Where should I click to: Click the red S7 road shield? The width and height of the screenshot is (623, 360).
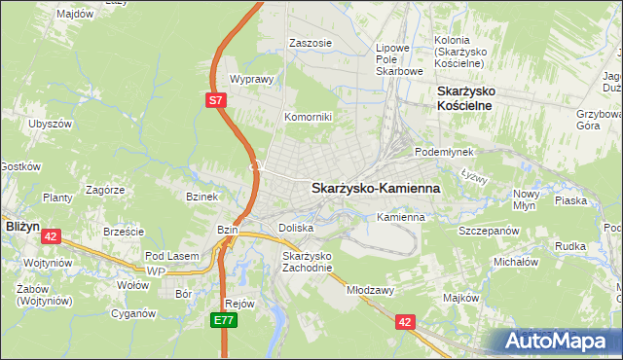click(216, 99)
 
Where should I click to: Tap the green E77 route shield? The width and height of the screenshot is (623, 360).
click(224, 318)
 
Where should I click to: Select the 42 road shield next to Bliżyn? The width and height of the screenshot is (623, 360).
click(52, 235)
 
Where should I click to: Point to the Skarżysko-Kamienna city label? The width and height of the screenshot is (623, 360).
click(375, 188)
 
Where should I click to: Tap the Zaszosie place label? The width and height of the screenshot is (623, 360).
click(311, 44)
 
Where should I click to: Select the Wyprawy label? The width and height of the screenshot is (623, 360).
click(249, 80)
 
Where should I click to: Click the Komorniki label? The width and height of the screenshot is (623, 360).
click(308, 117)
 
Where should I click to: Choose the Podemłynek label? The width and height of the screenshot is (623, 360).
click(443, 153)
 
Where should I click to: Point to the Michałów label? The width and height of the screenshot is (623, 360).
click(516, 262)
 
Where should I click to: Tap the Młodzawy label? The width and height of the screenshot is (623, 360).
click(369, 289)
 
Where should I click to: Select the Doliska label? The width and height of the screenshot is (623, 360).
click(295, 227)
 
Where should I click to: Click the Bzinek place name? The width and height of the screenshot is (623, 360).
click(202, 196)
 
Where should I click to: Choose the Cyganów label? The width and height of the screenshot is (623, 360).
click(133, 313)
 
